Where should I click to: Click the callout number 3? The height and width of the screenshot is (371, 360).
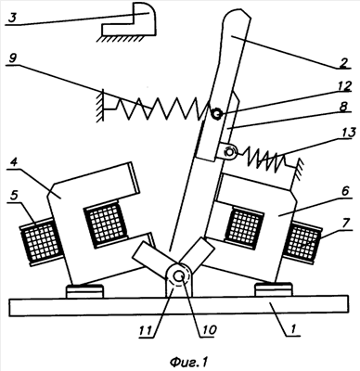click(x=11, y=18)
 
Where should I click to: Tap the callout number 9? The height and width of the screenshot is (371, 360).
click(x=12, y=58)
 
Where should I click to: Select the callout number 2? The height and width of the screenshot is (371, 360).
click(x=345, y=62)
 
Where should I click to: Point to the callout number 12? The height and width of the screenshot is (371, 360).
click(x=345, y=87)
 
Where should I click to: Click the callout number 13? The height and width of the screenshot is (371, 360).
click(x=349, y=134)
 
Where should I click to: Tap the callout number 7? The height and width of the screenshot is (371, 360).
click(x=346, y=224)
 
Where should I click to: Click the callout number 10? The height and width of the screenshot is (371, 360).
click(x=209, y=330)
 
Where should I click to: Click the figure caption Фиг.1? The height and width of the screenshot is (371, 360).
click(x=188, y=361)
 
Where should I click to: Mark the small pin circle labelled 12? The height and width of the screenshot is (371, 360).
click(x=215, y=114)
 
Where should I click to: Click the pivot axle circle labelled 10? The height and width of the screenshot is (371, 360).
click(x=179, y=276)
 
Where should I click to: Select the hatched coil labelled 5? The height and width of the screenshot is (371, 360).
click(x=41, y=241)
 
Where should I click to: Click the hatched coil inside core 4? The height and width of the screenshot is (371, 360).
click(x=106, y=224)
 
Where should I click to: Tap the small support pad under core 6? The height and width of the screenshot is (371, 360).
click(x=274, y=290)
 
